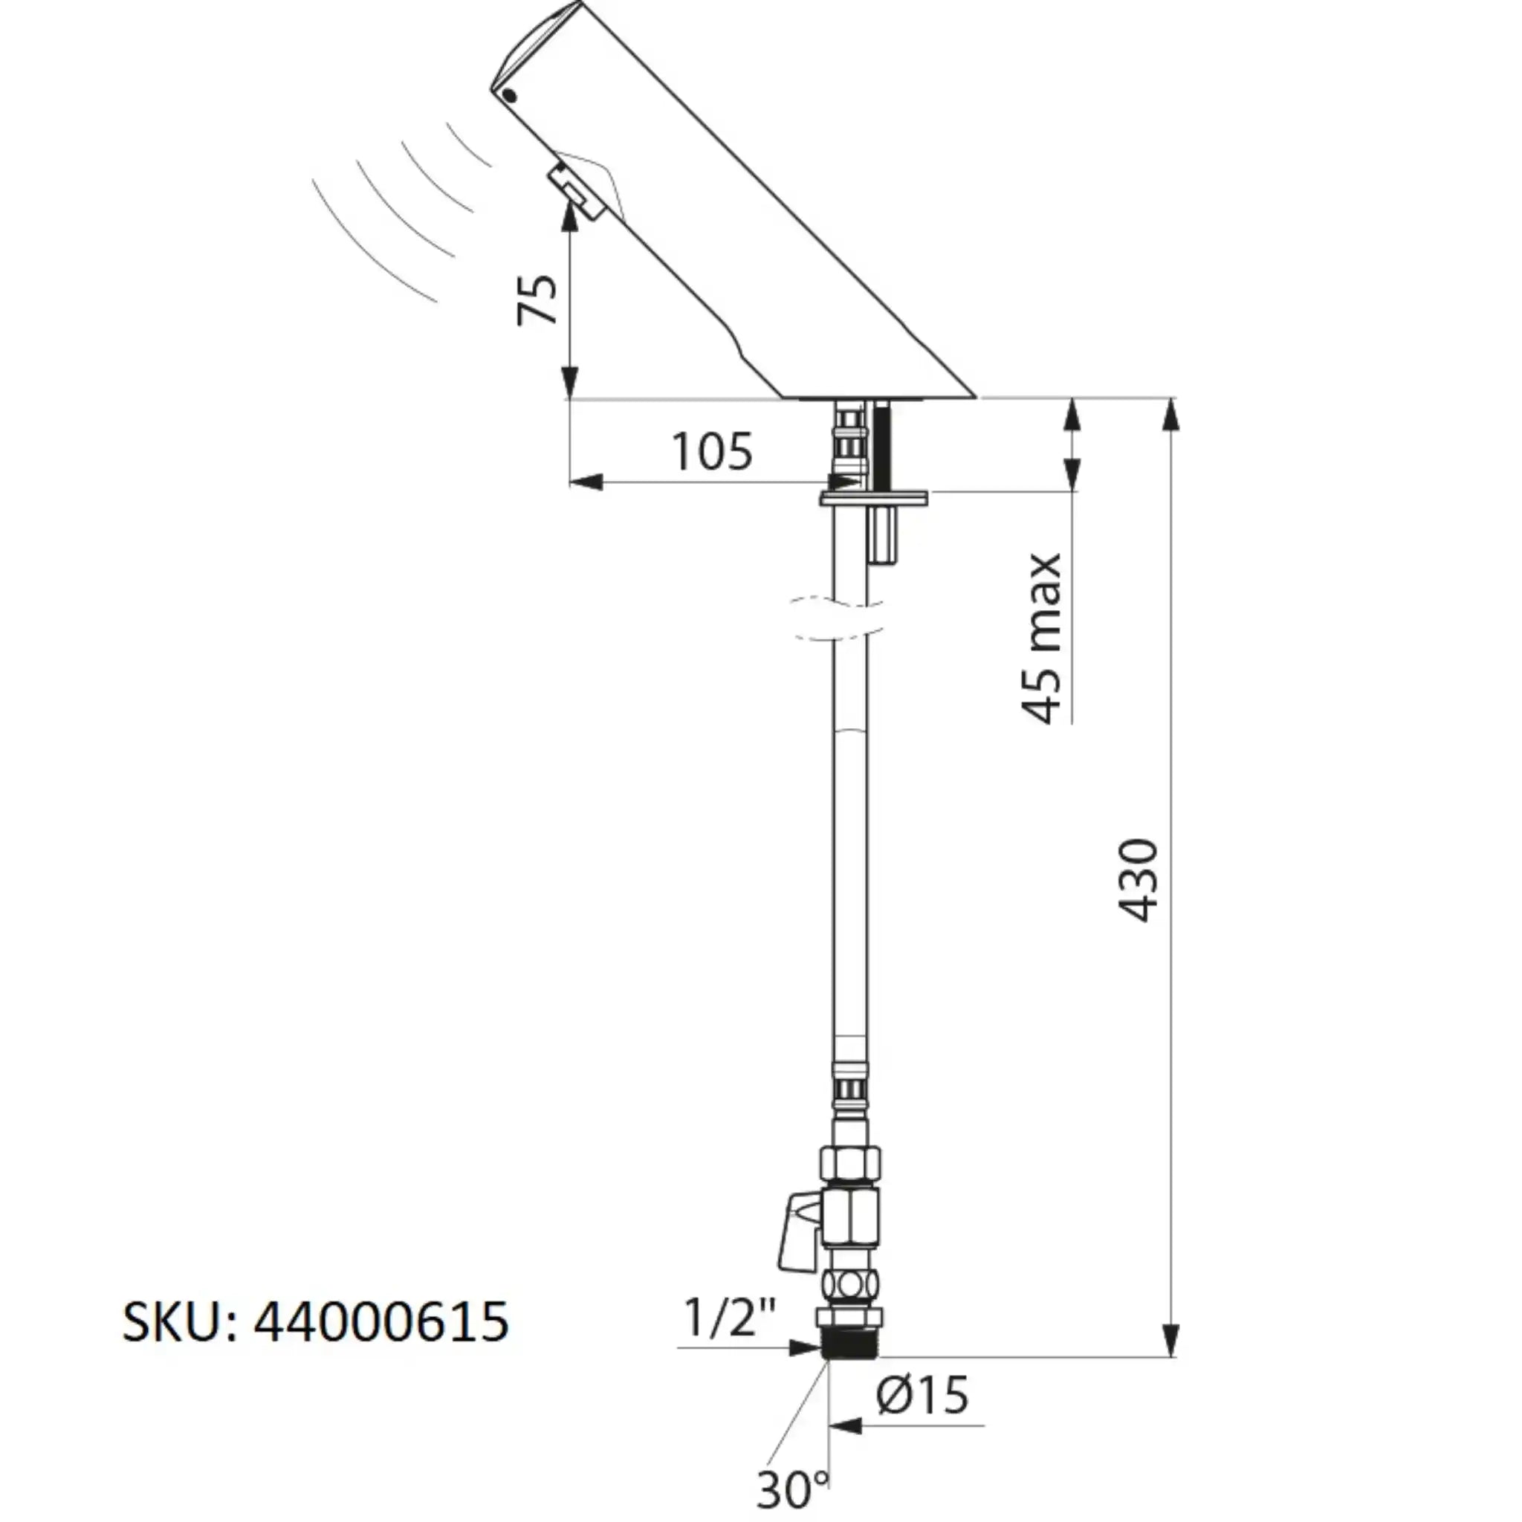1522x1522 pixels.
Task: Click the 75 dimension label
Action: coord(537,299)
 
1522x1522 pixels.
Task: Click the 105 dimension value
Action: coord(711,451)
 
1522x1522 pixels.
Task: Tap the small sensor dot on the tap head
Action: coord(509,97)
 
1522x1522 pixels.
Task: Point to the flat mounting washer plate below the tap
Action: coord(874,497)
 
